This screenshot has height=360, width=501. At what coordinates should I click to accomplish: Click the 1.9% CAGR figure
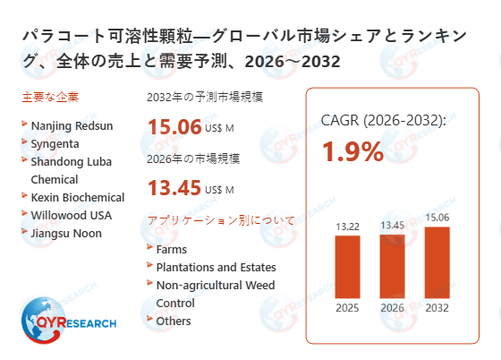tap(352, 151)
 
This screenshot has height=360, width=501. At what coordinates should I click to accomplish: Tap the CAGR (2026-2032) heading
tap(384, 120)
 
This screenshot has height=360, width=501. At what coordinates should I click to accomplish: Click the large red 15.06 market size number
tap(174, 126)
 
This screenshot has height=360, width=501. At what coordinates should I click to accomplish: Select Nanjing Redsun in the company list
tap(72, 126)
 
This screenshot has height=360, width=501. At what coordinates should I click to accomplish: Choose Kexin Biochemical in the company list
tap(77, 197)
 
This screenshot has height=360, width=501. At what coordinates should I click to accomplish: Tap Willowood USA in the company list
tap(70, 215)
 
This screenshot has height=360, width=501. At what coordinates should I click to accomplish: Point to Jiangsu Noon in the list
tap(65, 233)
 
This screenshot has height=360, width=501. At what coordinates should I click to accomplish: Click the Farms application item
tap(172, 249)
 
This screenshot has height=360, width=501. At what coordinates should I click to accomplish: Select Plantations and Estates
tap(216, 267)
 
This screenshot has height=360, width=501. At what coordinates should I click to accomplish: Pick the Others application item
tap(174, 321)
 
